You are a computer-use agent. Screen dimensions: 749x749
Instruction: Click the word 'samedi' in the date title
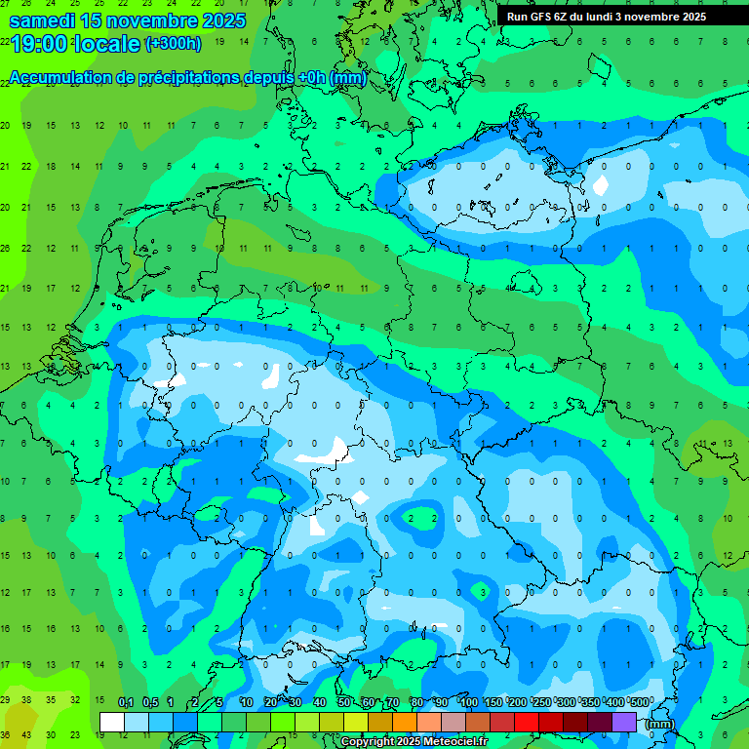coord(42,20)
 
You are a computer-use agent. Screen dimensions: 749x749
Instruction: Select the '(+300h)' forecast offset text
coord(173,44)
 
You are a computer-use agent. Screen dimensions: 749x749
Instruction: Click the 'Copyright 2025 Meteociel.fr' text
coord(414,742)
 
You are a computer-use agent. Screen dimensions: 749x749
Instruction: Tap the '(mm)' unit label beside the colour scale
coord(660,723)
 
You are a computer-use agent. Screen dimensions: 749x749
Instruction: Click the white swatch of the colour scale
coord(112,722)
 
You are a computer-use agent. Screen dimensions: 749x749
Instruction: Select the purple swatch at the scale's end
coord(624,722)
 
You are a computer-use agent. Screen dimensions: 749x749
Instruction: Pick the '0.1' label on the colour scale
coord(126,703)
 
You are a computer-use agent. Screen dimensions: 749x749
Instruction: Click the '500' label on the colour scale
coord(639,703)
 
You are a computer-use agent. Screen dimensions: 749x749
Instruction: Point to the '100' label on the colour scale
coord(469,703)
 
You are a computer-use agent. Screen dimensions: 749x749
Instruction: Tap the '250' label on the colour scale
coord(542,703)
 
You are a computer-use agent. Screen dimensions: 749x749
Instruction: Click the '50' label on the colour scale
coord(344,703)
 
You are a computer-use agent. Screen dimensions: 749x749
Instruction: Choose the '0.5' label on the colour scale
coord(150,703)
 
